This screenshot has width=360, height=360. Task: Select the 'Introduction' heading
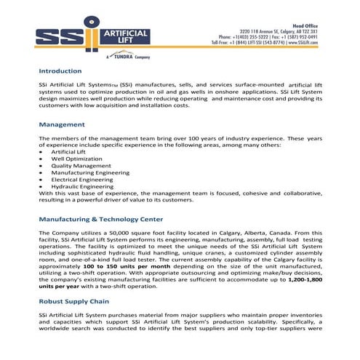tap(60, 71)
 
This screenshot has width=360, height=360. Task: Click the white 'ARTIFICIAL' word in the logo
tap(127, 33)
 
